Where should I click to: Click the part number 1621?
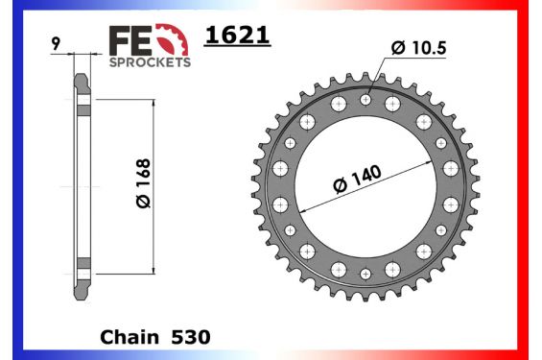pos(237,36)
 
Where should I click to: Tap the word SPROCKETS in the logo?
pos(151,60)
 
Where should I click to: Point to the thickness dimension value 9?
pos(59,43)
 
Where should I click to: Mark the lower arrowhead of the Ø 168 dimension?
pos(153,268)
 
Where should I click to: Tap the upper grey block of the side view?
pos(83,107)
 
